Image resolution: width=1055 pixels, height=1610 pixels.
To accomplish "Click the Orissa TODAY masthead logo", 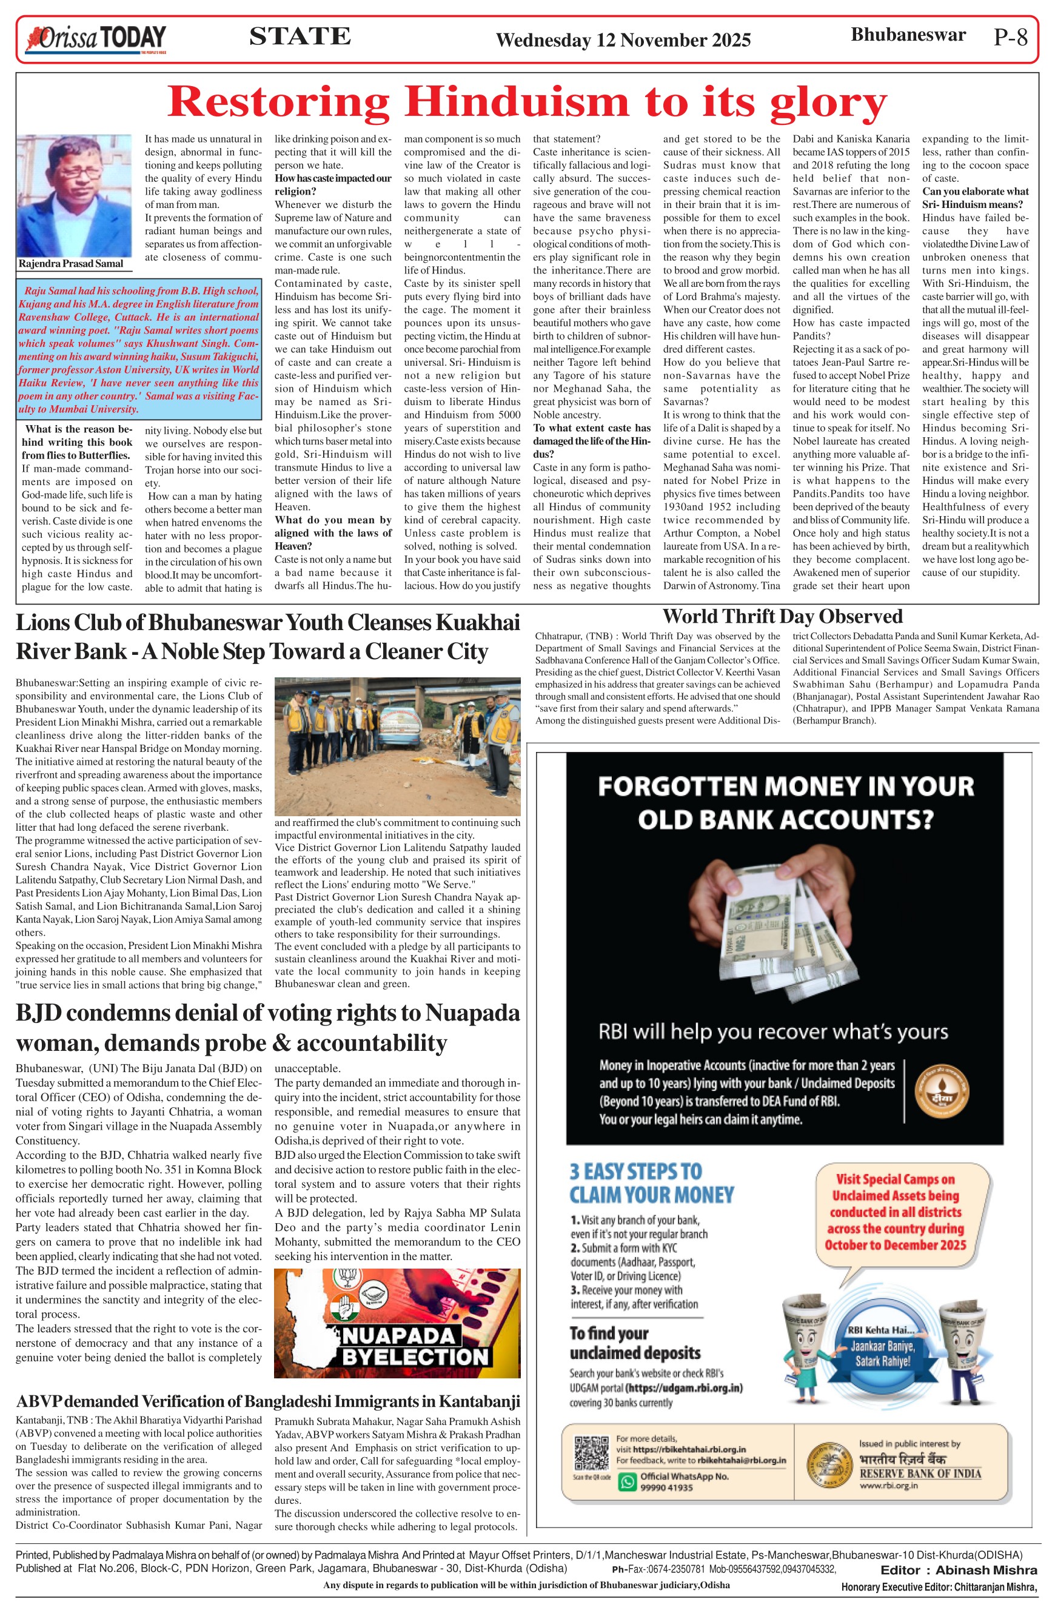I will click(x=95, y=39).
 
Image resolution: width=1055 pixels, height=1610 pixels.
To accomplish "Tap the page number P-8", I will click(x=1010, y=37).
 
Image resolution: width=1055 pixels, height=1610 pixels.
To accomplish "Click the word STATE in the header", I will click(x=300, y=36).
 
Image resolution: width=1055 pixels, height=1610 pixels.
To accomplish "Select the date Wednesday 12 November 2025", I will click(x=623, y=40).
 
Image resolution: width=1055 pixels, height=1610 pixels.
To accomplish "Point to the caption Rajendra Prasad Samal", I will click(x=71, y=264).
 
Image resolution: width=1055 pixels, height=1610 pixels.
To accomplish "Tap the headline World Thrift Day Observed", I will click(x=782, y=616).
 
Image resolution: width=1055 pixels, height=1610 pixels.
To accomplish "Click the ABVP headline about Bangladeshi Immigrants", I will click(x=268, y=1401).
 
